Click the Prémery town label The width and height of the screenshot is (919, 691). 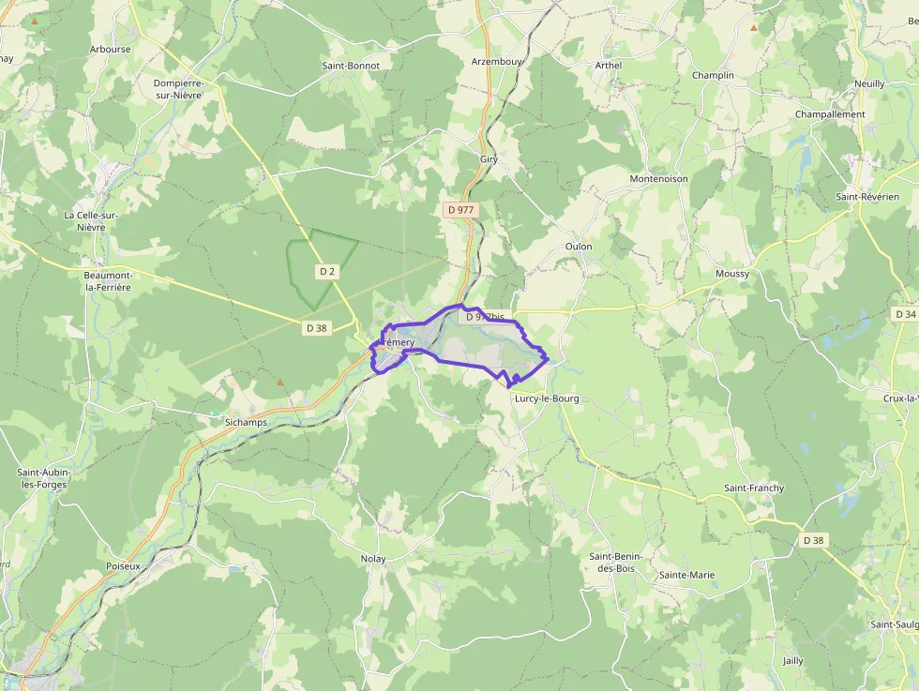point(398,343)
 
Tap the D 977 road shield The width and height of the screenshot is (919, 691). point(460,210)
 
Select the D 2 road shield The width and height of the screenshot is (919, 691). point(326,271)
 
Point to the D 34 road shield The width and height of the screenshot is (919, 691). point(905,314)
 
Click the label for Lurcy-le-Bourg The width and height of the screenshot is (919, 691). point(547,398)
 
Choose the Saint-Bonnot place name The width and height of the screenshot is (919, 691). point(351,66)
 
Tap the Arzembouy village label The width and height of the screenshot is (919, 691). point(497,62)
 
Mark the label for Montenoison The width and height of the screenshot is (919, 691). point(658,179)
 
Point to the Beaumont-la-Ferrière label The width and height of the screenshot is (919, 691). point(108,280)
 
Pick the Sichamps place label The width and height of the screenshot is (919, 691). point(246,423)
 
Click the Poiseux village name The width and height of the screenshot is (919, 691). point(123,566)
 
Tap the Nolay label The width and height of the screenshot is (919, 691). point(373,559)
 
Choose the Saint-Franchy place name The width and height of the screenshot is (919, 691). point(754,488)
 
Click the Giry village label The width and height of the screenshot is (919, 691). point(489,159)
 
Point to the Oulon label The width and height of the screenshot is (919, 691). point(579,247)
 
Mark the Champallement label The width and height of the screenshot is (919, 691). point(829,114)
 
